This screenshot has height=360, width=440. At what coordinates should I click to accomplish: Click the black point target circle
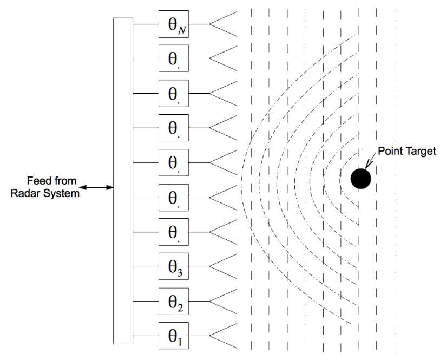[360, 178]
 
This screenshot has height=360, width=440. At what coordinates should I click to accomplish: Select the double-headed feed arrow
[98, 188]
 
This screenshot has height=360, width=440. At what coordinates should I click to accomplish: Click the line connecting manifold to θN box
[146, 24]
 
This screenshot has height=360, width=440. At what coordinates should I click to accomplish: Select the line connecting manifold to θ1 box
[146, 335]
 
